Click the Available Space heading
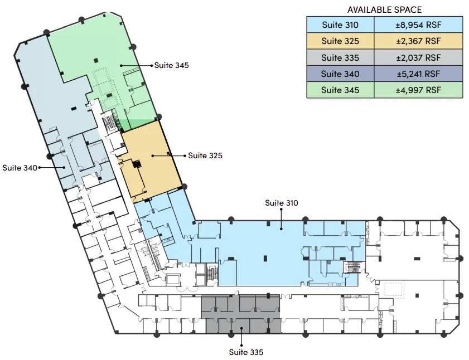tap(384, 10)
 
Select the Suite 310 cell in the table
tap(340, 25)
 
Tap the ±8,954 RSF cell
tap(418, 25)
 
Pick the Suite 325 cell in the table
tap(340, 41)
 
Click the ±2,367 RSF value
tap(418, 41)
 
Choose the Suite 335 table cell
tap(340, 57)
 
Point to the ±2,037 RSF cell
tap(418, 57)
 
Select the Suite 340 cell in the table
tap(340, 74)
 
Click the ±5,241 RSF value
tap(418, 74)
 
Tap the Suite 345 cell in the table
tap(340, 90)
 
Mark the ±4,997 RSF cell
tap(418, 90)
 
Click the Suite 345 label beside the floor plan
tap(171, 66)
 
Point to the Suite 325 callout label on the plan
tap(205, 156)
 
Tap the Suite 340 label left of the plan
tap(20, 168)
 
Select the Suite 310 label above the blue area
tap(282, 203)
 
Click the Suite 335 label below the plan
tap(246, 352)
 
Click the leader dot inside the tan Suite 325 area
tap(153, 156)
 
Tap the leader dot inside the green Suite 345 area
tap(121, 65)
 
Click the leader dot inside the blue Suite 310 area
tap(281, 229)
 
